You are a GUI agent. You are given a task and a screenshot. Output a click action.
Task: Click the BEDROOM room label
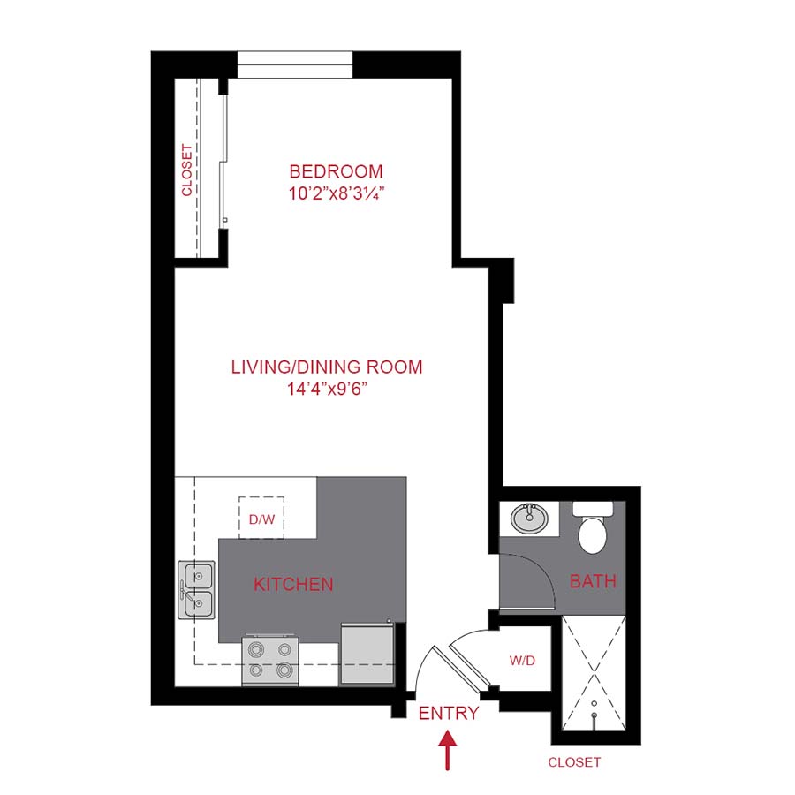point(337,171)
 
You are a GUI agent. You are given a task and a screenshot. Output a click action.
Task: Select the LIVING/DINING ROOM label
point(327,367)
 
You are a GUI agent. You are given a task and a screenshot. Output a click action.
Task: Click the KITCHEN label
point(293,584)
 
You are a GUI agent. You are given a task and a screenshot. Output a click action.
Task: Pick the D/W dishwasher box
point(261,519)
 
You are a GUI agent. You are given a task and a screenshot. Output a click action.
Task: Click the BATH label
point(593,582)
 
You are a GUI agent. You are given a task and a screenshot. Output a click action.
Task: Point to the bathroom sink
point(528,518)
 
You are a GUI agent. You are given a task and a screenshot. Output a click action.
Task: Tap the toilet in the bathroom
point(591,526)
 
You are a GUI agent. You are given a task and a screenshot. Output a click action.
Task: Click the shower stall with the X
point(594,673)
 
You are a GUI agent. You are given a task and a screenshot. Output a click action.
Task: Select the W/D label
point(523,660)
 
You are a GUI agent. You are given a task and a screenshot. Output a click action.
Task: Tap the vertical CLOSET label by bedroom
point(187,170)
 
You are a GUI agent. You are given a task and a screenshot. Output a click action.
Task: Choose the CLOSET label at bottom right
point(574,761)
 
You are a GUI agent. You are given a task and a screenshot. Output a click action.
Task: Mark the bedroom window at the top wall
point(295,65)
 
